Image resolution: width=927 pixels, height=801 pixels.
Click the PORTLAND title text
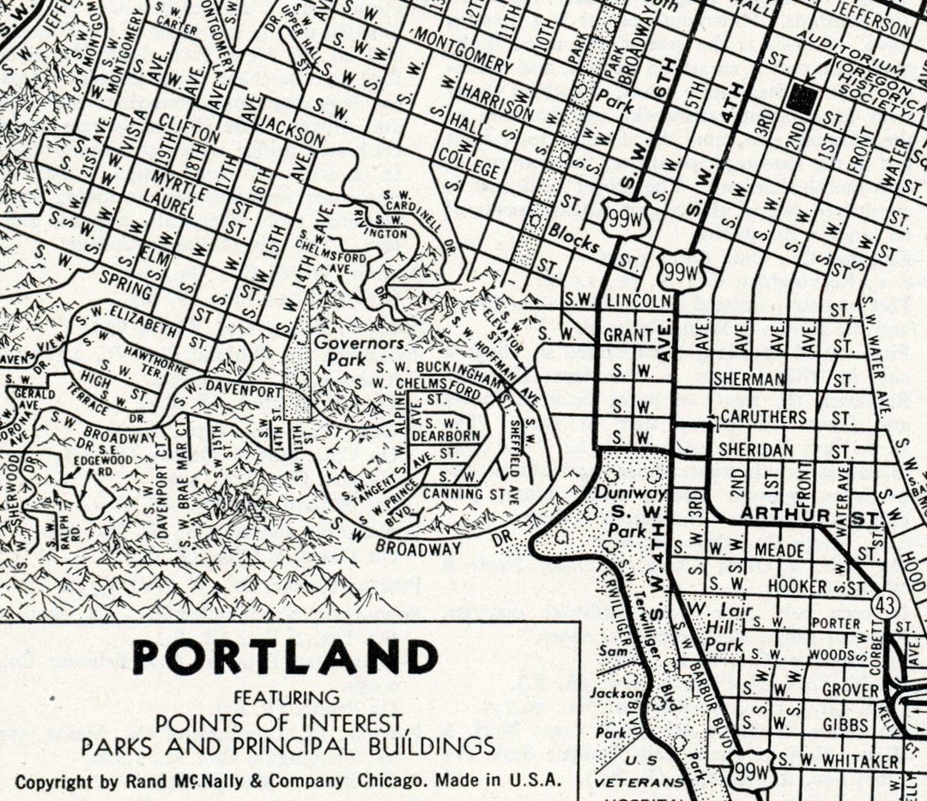tap(285, 658)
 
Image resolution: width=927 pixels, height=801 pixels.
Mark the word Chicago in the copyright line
tap(393, 781)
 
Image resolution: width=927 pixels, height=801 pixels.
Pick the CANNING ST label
tap(476, 495)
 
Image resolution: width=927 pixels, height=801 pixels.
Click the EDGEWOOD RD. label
tap(97, 466)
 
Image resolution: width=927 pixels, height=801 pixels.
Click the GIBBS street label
tap(845, 725)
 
